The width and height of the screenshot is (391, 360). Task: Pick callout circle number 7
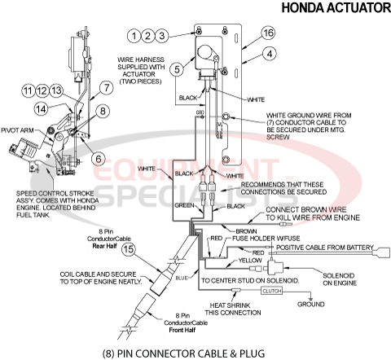(x=106, y=87)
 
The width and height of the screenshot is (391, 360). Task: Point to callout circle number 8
(x=103, y=111)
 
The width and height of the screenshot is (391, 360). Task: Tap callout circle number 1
(x=133, y=35)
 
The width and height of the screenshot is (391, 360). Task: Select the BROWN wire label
(x=246, y=231)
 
